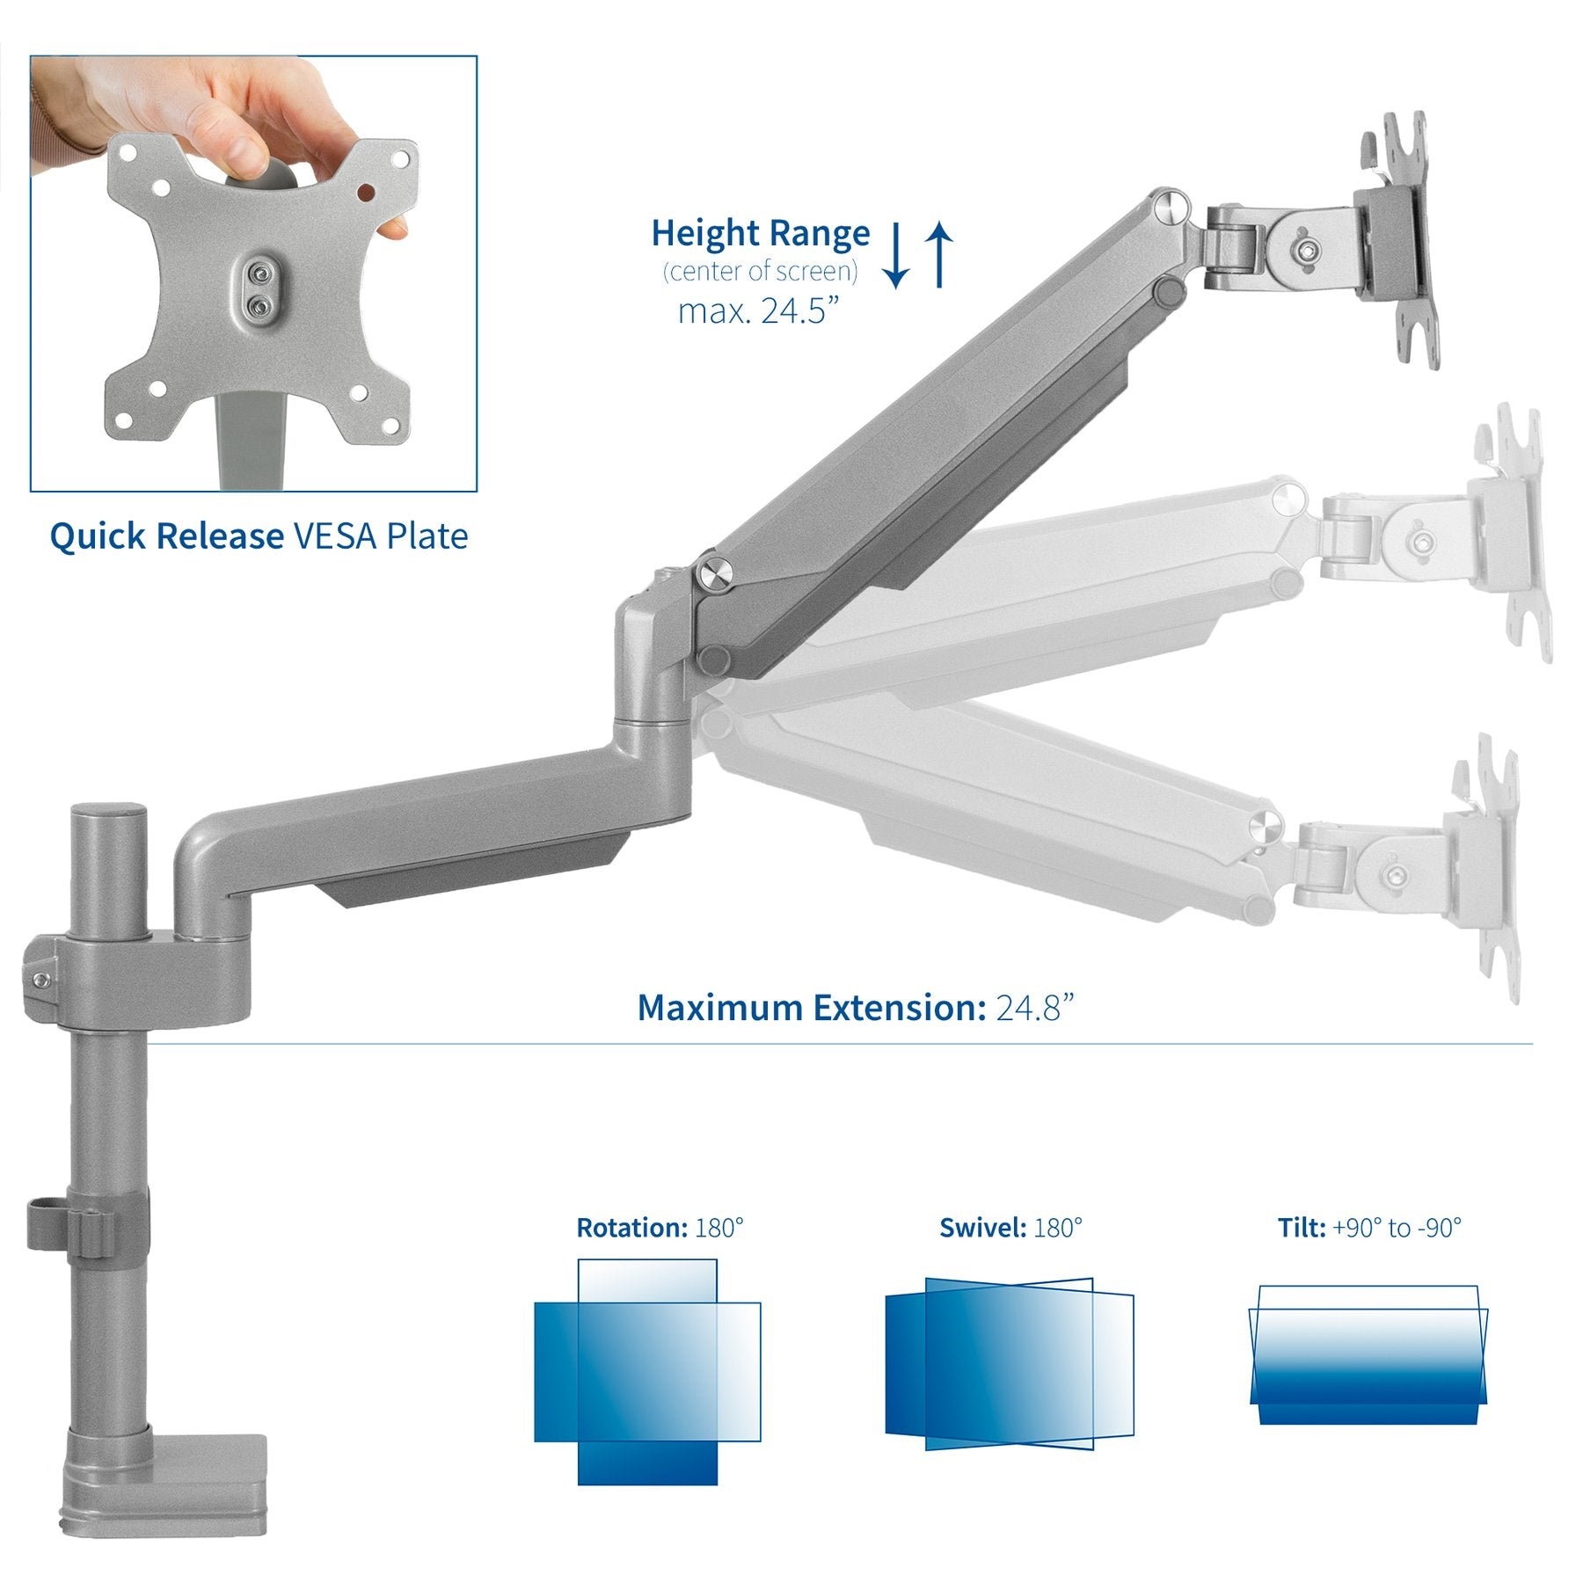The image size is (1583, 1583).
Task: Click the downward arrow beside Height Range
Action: pos(894,256)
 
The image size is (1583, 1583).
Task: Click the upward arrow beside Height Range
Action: pos(940,254)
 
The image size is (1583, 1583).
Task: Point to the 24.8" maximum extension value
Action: pos(1034,1008)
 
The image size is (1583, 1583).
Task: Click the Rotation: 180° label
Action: pos(660,1228)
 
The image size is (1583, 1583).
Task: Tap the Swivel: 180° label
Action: pos(1010,1228)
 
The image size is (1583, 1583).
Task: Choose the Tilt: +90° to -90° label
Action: pos(1369,1228)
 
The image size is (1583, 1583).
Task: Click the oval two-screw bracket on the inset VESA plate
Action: pos(258,290)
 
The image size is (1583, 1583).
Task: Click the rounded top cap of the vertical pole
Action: pos(109,814)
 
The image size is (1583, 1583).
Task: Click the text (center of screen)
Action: pos(760,272)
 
